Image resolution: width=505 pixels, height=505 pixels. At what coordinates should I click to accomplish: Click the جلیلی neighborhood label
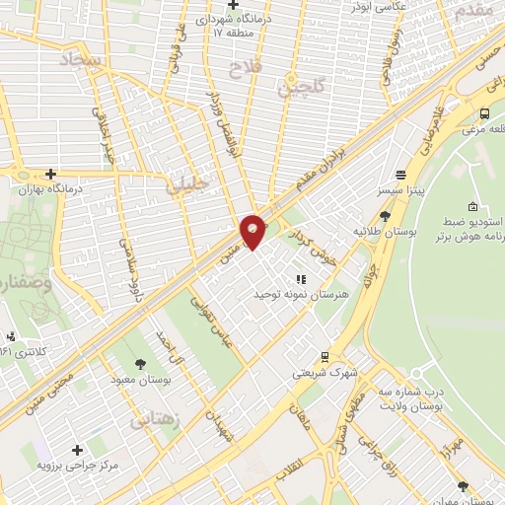click(x=186, y=182)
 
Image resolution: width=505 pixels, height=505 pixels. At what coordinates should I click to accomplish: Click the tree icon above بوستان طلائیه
click(x=384, y=216)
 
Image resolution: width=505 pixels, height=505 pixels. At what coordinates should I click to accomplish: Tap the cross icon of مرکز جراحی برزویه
click(x=77, y=450)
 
